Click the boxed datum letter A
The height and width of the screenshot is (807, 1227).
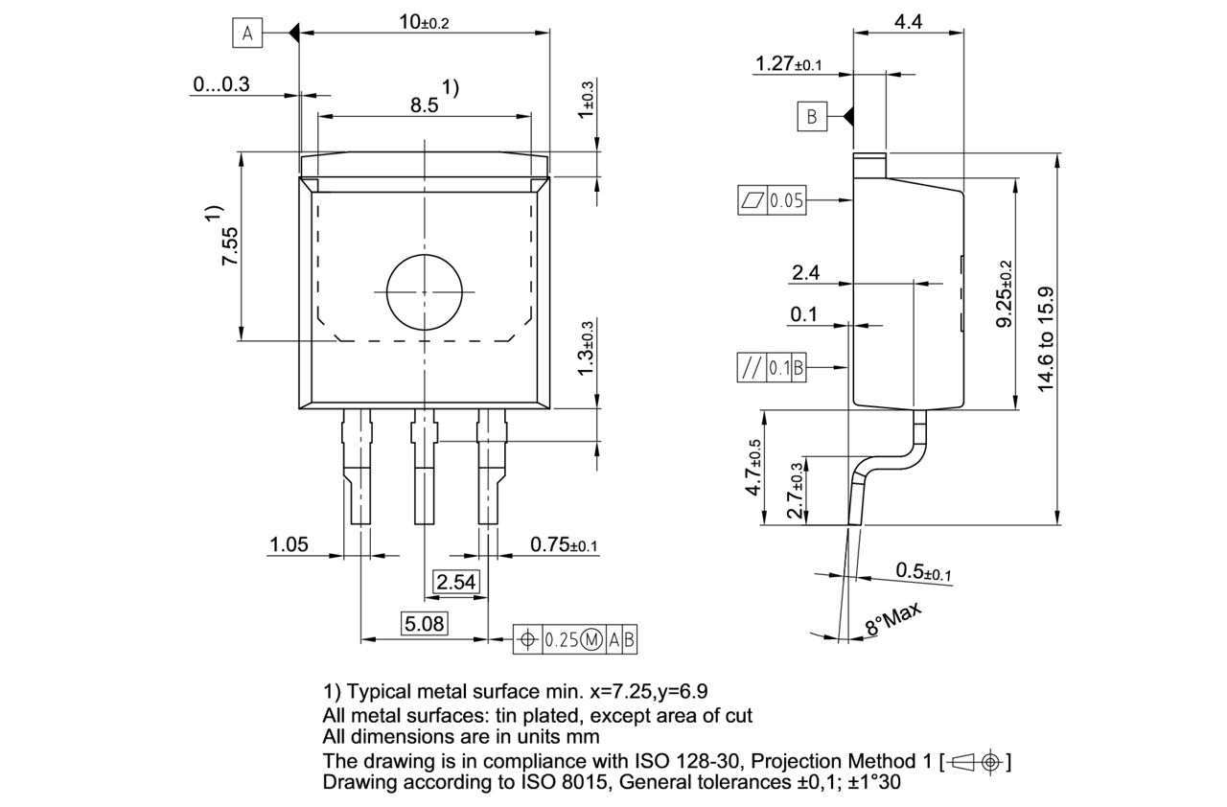point(247,34)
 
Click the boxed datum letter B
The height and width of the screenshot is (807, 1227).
point(811,117)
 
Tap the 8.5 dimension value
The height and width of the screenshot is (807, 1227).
point(424,105)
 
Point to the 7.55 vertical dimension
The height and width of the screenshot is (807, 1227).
point(230,246)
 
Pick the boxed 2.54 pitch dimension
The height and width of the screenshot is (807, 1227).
point(455,582)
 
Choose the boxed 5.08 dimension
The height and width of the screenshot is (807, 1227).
point(424,625)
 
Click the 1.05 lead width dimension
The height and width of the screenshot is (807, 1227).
point(289,544)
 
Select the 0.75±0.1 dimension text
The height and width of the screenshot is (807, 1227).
point(564,544)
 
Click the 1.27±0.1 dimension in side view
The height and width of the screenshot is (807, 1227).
point(788,64)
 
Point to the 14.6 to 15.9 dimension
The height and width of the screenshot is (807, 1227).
point(1046,338)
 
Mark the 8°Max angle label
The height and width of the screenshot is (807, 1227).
point(892,620)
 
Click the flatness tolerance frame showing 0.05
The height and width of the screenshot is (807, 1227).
point(771,200)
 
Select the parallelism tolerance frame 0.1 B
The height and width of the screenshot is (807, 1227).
point(771,367)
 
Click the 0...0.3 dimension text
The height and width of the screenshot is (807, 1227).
point(220,84)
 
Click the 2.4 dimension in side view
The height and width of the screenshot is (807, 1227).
point(805,274)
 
